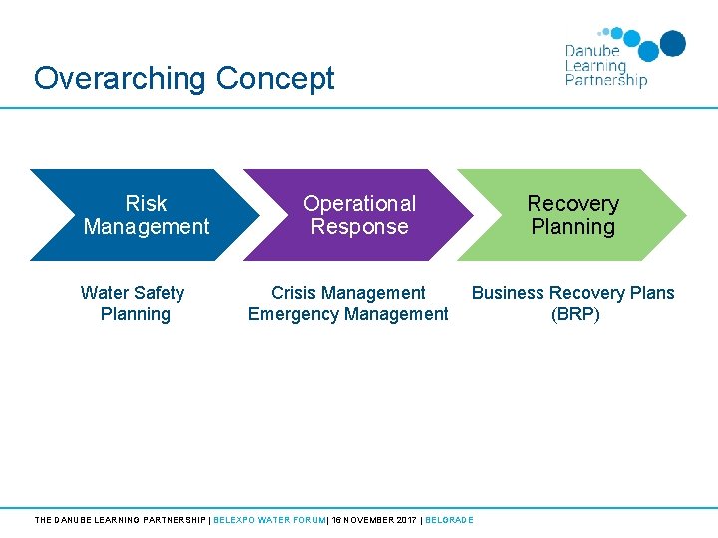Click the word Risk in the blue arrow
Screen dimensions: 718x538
146,204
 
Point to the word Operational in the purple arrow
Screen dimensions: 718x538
359,204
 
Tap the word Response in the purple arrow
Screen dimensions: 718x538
359,227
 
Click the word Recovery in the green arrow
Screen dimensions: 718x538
573,204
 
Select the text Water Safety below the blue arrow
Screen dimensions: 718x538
133,293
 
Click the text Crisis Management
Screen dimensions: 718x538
348,293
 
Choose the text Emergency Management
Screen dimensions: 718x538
348,315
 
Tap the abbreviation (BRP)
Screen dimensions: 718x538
575,315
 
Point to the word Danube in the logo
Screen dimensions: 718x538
592,52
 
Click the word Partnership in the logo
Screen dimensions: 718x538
606,80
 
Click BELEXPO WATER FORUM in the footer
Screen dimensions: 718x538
269,520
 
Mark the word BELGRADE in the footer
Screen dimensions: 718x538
449,520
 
